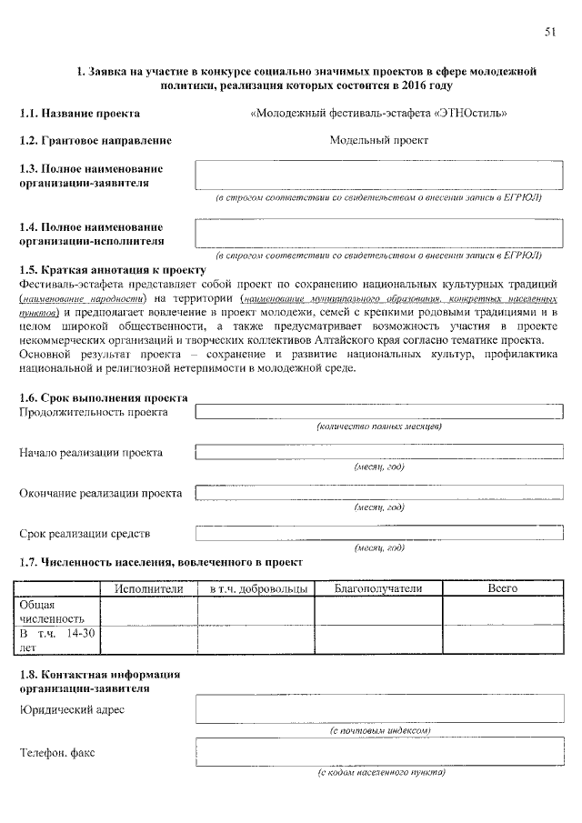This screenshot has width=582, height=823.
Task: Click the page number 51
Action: click(550, 32)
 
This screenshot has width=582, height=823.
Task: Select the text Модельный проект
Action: click(378, 140)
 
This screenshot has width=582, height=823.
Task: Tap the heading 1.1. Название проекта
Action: click(80, 114)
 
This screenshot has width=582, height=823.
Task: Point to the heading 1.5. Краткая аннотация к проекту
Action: click(113, 270)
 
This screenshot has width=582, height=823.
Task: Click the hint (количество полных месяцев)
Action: click(379, 426)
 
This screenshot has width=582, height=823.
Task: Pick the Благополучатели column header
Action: click(378, 589)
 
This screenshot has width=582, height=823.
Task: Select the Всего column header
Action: click(503, 589)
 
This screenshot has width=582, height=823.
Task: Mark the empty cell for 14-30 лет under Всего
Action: click(503, 639)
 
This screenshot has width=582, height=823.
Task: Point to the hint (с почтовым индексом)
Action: click(379, 730)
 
